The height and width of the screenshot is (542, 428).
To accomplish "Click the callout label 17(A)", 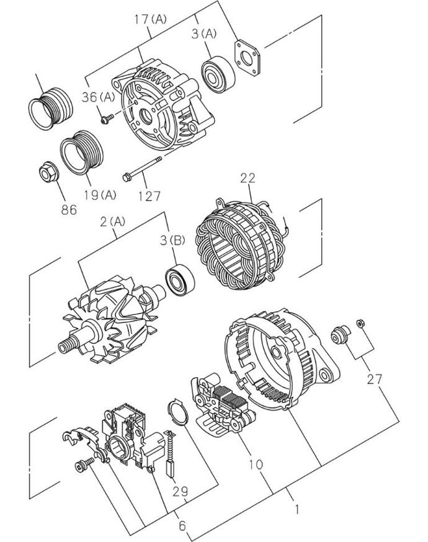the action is click(x=150, y=19).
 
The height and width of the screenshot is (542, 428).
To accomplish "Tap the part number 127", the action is click(x=149, y=196).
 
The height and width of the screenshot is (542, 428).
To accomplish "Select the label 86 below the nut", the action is click(x=69, y=209).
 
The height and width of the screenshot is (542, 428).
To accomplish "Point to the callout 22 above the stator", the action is click(x=248, y=178).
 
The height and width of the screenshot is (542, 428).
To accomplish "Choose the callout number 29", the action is click(x=180, y=491).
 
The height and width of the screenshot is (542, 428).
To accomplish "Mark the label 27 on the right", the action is click(x=375, y=379).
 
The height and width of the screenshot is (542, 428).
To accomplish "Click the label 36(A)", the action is click(x=98, y=97).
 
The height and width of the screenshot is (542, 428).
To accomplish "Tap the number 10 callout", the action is click(x=256, y=464).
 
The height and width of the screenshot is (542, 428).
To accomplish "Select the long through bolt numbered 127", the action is click(x=142, y=169).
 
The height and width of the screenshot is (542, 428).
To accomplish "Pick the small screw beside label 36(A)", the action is click(x=107, y=119).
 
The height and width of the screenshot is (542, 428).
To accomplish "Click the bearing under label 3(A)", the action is click(x=218, y=74).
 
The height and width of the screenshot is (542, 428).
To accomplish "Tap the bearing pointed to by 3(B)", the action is click(x=180, y=280).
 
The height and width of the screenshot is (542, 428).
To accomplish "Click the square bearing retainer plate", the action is click(x=247, y=58).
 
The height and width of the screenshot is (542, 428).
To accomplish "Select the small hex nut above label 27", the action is click(x=360, y=324).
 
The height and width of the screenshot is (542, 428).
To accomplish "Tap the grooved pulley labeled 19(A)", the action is click(x=82, y=153).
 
